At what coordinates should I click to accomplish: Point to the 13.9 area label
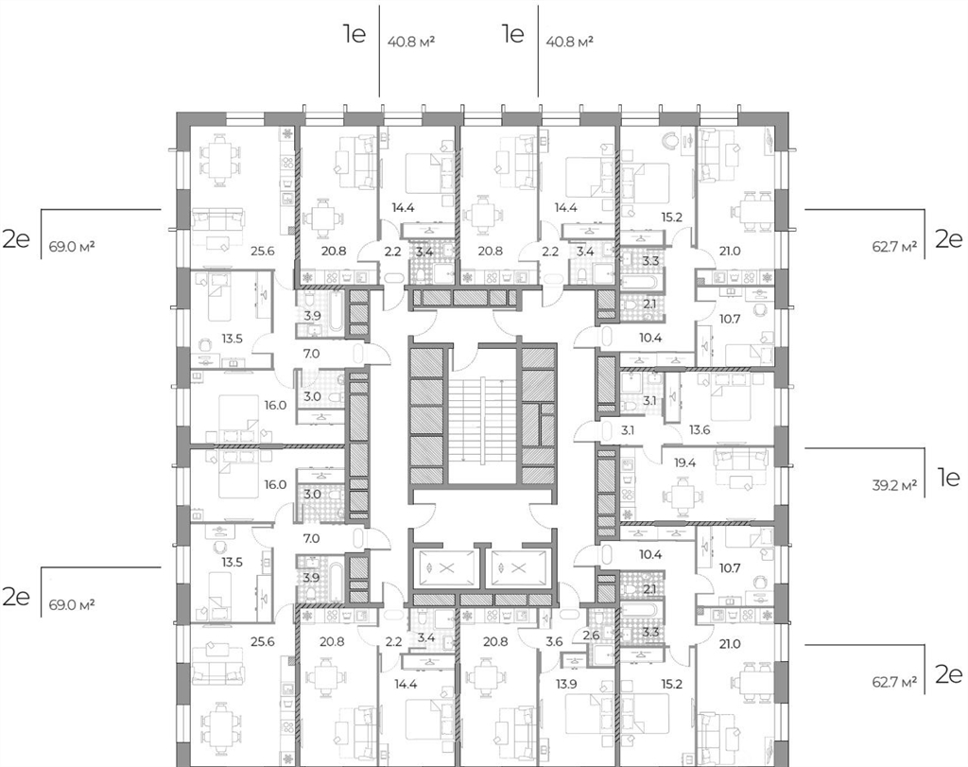point(567,683)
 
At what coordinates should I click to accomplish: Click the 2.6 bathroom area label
point(592,635)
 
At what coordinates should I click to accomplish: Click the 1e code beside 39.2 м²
point(948,477)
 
